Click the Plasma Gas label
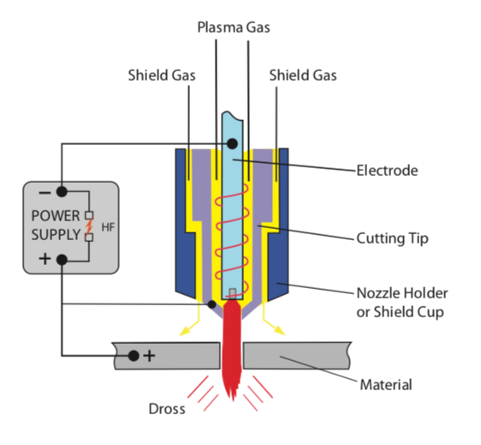pyautogui.click(x=234, y=27)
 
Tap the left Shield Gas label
pyautogui.click(x=162, y=75)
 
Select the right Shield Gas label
pyautogui.click(x=303, y=75)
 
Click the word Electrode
pyautogui.click(x=387, y=171)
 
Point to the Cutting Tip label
pyautogui.click(x=392, y=238)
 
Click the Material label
pyautogui.click(x=386, y=385)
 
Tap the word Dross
pyautogui.click(x=167, y=409)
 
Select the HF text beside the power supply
pyautogui.click(x=108, y=227)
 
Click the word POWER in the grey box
pyautogui.click(x=56, y=216)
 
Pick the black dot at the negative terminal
pyautogui.click(x=62, y=192)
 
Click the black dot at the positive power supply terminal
pyautogui.click(x=62, y=260)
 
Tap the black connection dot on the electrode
pyautogui.click(x=232, y=143)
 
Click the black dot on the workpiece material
pyautogui.click(x=134, y=356)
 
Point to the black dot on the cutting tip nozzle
pyautogui.click(x=211, y=304)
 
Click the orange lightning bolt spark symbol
pyautogui.click(x=89, y=226)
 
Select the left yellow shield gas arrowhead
pyautogui.click(x=185, y=331)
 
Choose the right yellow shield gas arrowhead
pyautogui.click(x=279, y=330)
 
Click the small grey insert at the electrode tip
pyautogui.click(x=233, y=293)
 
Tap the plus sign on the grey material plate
pyautogui.click(x=150, y=356)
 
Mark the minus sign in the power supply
pyautogui.click(x=45, y=193)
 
